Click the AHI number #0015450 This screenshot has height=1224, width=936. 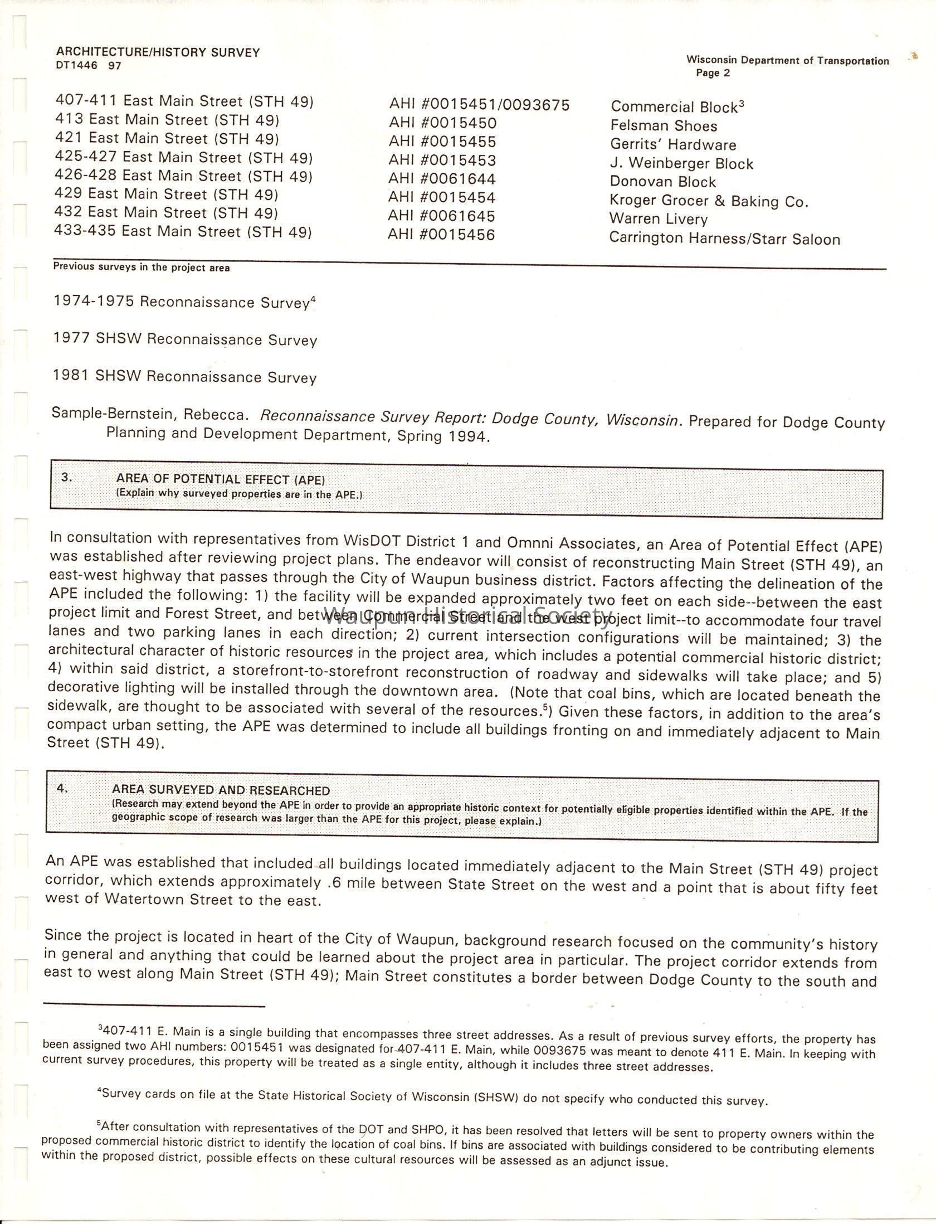pyautogui.click(x=442, y=123)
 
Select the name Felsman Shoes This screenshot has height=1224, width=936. pyautogui.click(x=664, y=126)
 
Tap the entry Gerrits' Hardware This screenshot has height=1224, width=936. pyautogui.click(x=673, y=145)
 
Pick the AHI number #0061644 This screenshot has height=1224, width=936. pyautogui.click(x=442, y=179)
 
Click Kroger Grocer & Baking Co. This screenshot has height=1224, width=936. pyautogui.click(x=708, y=201)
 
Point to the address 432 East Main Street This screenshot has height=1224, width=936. pyautogui.click(x=166, y=213)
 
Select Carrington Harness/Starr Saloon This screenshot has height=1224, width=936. pyautogui.click(x=724, y=239)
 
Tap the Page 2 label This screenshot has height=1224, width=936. pyautogui.click(x=713, y=73)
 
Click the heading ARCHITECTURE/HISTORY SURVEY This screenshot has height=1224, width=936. pyautogui.click(x=158, y=52)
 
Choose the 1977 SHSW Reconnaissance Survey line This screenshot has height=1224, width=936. pyautogui.click(x=185, y=339)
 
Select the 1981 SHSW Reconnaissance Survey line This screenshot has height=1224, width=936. pyautogui.click(x=185, y=377)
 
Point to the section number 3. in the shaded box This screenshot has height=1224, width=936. pyautogui.click(x=67, y=477)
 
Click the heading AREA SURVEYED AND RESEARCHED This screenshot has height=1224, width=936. pyautogui.click(x=221, y=790)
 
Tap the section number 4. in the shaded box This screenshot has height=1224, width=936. pyautogui.click(x=62, y=788)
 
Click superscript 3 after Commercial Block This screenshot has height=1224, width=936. pyautogui.click(x=741, y=104)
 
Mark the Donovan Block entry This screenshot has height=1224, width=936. pyautogui.click(x=663, y=182)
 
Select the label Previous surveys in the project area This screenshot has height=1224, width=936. pyautogui.click(x=141, y=268)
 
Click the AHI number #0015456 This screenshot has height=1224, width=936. pyautogui.click(x=441, y=235)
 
